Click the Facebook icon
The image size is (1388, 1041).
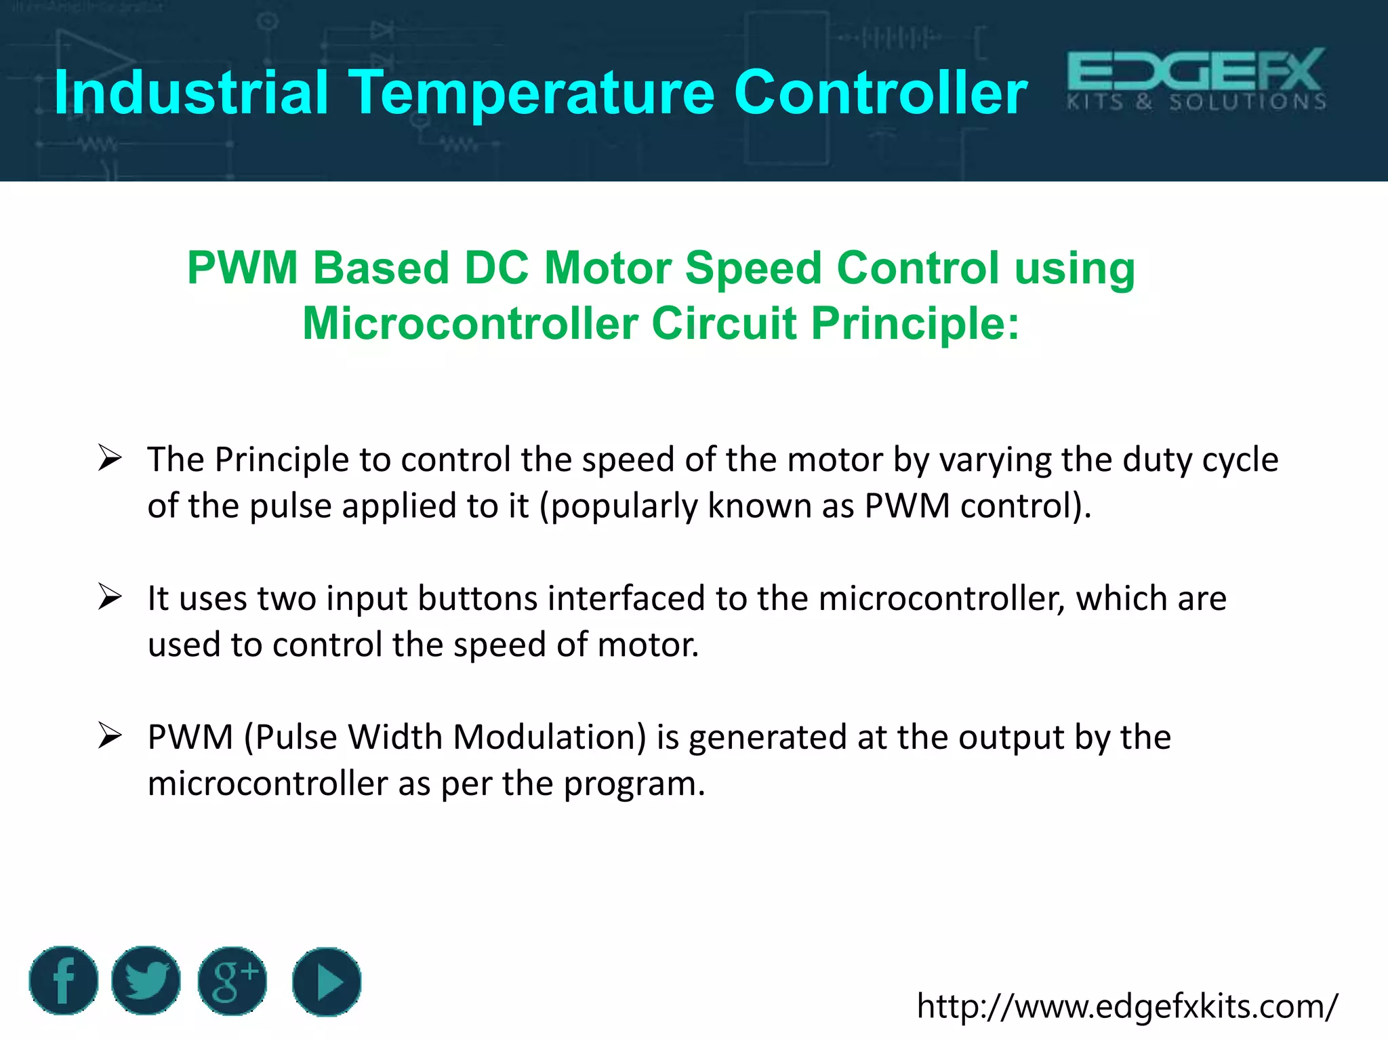pos(63,981)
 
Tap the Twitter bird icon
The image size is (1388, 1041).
pos(146,981)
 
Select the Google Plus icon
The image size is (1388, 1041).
pos(232,981)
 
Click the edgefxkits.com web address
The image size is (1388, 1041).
pos(1127,1006)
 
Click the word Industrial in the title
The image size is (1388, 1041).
pos(191,93)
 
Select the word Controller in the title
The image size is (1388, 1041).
pos(880,93)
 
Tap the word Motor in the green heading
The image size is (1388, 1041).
pos(607,268)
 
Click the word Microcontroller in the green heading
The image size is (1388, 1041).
pos(470,324)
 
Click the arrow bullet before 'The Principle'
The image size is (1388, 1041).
pos(110,458)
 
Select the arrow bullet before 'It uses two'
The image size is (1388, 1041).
pos(110,597)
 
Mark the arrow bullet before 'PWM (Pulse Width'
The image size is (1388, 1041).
pos(110,736)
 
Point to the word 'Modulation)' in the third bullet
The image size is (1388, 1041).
pos(550,737)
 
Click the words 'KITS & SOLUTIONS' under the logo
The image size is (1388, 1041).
pos(1196,103)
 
